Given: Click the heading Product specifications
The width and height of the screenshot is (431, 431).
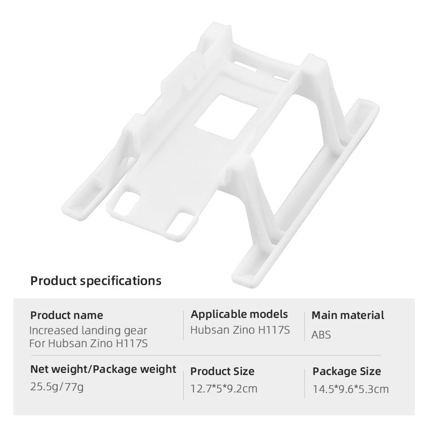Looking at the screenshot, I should pos(95,281).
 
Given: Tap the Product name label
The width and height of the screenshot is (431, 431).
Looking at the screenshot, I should pos(66,315).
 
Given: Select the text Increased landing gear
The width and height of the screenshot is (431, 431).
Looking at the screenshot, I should pos(88,330).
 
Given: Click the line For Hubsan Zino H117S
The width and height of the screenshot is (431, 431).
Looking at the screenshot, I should pos(89,343).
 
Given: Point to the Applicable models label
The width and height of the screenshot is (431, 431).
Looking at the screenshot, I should pos(239,314).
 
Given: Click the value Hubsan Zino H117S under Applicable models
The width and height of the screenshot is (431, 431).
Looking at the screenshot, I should pos(240,329).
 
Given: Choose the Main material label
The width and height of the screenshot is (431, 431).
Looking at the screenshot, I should pos(348,315).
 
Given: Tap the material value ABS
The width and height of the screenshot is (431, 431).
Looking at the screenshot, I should pos(321,335).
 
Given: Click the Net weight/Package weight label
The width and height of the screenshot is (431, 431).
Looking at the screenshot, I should pos(103,369).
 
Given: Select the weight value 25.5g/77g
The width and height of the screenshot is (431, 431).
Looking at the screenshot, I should pos(57,387).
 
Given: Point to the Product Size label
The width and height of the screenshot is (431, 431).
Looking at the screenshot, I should pos(223,371).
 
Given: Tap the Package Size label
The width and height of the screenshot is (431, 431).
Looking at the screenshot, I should pos(346,371).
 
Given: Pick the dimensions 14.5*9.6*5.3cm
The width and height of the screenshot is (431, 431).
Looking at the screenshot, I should pos(351,388).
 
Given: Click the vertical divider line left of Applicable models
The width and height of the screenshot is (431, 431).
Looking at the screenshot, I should pos(183,326).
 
